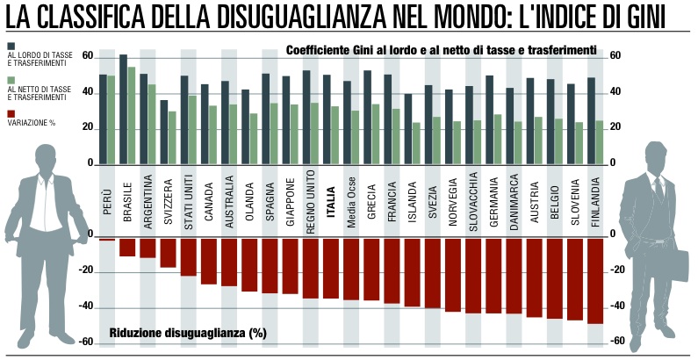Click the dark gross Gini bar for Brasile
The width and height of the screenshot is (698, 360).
click(123, 110)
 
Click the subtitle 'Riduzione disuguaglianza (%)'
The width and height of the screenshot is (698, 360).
click(187, 333)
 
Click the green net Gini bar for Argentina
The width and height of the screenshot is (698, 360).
click(152, 124)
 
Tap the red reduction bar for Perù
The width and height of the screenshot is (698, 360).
click(107, 239)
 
